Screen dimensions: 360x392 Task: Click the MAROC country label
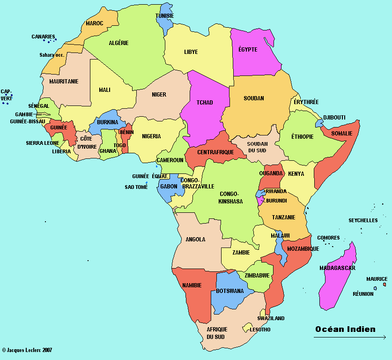(94, 23)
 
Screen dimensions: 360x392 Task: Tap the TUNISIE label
(164, 16)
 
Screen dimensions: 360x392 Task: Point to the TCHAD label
(205, 103)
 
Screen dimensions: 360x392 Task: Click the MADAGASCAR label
(337, 268)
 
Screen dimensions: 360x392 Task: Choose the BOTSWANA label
(229, 291)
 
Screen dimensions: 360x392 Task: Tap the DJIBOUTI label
(334, 117)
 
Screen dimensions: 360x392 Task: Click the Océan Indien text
(345, 329)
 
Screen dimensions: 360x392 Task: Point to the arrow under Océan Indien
(349, 337)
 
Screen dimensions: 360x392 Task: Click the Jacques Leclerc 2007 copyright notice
(27, 350)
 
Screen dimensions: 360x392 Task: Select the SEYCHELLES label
(363, 220)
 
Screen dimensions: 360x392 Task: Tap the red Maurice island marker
(385, 285)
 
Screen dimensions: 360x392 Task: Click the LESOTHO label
(260, 330)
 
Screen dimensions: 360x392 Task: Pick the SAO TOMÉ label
(136, 187)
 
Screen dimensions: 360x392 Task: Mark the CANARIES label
(43, 36)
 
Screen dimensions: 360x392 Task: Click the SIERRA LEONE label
(42, 143)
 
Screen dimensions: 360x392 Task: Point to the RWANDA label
(276, 191)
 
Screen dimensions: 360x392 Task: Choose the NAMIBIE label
(192, 285)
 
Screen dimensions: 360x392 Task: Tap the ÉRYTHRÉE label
(306, 102)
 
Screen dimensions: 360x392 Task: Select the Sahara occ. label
(52, 55)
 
